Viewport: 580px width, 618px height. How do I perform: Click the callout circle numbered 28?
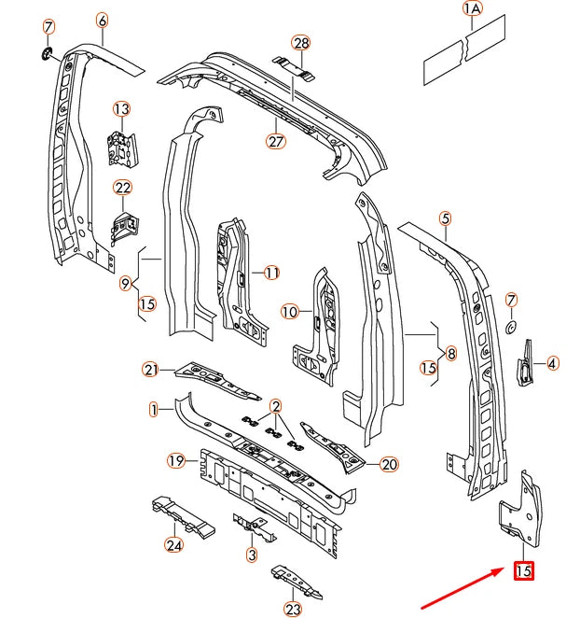[300, 43]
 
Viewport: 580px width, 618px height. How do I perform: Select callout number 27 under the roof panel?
[275, 141]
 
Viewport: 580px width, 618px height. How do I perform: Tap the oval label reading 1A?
[473, 9]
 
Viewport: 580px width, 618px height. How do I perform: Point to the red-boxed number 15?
[524, 569]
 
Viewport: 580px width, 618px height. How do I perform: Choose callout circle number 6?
[102, 21]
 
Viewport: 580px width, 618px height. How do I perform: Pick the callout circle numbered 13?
[122, 109]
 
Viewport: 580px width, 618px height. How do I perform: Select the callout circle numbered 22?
[124, 188]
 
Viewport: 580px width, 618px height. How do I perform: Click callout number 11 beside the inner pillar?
[271, 273]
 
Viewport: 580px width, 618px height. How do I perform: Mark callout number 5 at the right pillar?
[446, 218]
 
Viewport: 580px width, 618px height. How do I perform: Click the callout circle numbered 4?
[552, 364]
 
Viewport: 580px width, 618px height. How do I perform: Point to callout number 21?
[151, 370]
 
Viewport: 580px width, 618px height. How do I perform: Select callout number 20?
[389, 464]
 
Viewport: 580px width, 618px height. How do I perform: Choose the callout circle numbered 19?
[175, 459]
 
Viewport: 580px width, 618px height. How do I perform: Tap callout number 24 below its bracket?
[173, 545]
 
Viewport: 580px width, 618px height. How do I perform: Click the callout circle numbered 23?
[295, 610]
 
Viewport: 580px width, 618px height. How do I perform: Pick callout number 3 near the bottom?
[252, 555]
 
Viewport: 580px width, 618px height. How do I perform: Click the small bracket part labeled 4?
[526, 362]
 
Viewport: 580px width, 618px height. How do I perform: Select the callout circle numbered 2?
[276, 405]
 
